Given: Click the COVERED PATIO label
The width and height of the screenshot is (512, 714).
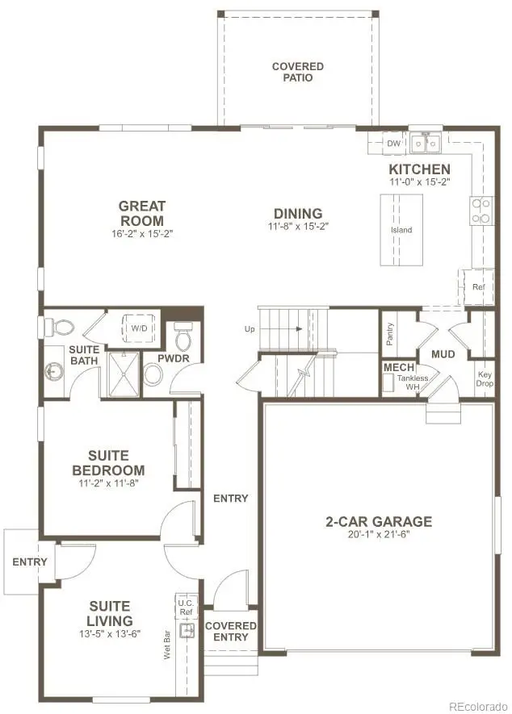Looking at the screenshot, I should (x=297, y=72).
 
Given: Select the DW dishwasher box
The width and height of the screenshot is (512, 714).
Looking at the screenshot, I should (x=393, y=144).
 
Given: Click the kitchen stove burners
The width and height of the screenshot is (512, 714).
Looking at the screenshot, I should (x=481, y=210).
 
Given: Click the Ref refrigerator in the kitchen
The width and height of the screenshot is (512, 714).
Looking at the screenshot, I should (x=477, y=286).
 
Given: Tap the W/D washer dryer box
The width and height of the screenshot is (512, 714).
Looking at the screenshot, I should (x=139, y=328).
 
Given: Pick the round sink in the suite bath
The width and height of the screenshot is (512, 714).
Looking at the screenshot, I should (x=55, y=372).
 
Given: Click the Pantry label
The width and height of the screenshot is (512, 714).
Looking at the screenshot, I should (x=389, y=334).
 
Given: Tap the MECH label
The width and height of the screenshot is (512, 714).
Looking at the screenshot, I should (x=398, y=368).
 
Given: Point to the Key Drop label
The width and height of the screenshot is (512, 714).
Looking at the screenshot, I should (x=484, y=379).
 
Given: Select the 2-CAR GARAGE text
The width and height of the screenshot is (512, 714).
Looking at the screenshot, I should (x=379, y=521).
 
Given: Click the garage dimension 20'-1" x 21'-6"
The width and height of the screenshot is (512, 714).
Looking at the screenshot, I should (x=379, y=536).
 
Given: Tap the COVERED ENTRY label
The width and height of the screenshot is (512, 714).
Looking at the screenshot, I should (x=231, y=631).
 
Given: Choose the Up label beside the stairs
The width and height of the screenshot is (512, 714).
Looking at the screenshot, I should (x=250, y=329).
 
